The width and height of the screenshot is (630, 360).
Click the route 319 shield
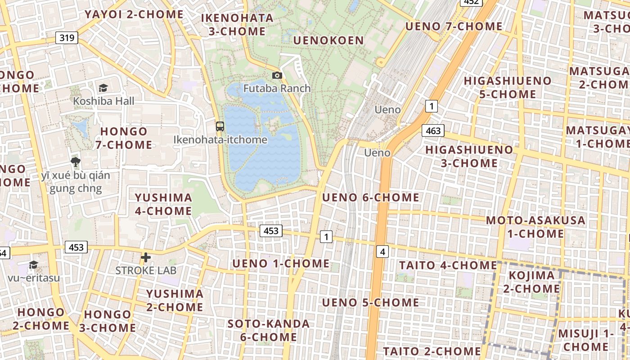coord(67,38)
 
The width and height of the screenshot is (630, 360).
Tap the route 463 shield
coord(433,130)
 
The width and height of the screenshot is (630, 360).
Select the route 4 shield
coord(382,252)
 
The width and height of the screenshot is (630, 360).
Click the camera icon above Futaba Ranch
coord(277,75)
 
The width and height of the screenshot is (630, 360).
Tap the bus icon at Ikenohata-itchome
coord(220,126)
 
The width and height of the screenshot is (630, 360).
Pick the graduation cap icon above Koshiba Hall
coord(103,88)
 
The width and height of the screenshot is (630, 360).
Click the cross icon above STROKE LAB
coord(146,257)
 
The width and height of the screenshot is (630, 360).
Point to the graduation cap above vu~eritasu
coord(33,265)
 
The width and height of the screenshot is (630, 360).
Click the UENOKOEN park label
coord(328,40)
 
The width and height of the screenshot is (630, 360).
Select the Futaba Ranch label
coord(277,88)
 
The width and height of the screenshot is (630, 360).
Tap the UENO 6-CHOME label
coord(371,197)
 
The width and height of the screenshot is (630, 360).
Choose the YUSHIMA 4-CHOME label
coord(163,204)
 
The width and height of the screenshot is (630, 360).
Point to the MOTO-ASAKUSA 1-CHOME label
coord(535,227)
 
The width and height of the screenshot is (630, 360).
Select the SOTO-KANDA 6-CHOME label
coord(269,330)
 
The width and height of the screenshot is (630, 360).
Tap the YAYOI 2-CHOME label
coord(134,14)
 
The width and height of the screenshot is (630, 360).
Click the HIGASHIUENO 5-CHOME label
coord(508,87)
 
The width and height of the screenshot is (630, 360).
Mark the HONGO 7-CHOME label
coord(124,138)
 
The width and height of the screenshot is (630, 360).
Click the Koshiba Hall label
coord(103,101)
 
